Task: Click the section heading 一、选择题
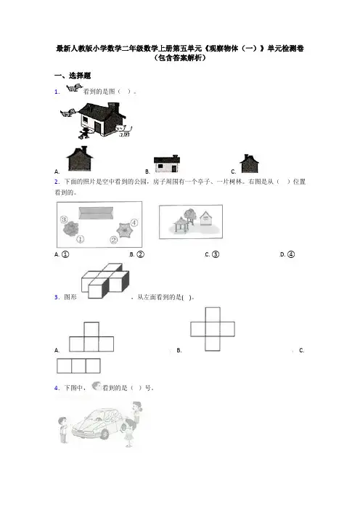[73, 76]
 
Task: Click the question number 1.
[57, 92]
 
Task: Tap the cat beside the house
[124, 130]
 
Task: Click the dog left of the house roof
[67, 113]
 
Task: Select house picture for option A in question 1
[80, 158]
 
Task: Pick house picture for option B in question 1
[167, 163]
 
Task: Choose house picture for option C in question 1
[249, 163]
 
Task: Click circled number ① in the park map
[81, 239]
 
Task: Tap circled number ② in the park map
[113, 240]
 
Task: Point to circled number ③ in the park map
[64, 219]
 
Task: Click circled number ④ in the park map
[134, 223]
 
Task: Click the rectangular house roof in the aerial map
[96, 213]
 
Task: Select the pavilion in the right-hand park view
[181, 224]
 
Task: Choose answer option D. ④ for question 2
[287, 254]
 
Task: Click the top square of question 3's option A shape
[91, 330]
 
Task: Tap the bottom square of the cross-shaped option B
[213, 344]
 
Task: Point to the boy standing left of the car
[62, 430]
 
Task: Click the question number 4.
[57, 388]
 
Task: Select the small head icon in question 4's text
[97, 386]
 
